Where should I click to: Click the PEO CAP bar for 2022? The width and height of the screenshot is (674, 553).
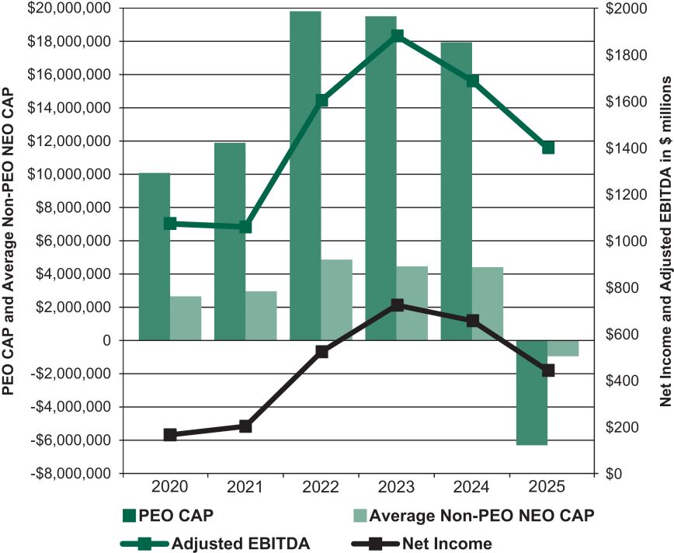pyautogui.click(x=305, y=176)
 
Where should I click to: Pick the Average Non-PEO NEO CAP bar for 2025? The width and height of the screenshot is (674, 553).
pyautogui.click(x=563, y=348)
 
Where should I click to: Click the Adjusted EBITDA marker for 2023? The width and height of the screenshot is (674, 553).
pyautogui.click(x=397, y=36)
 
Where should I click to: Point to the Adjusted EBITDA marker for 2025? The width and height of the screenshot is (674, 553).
pyautogui.click(x=547, y=148)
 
